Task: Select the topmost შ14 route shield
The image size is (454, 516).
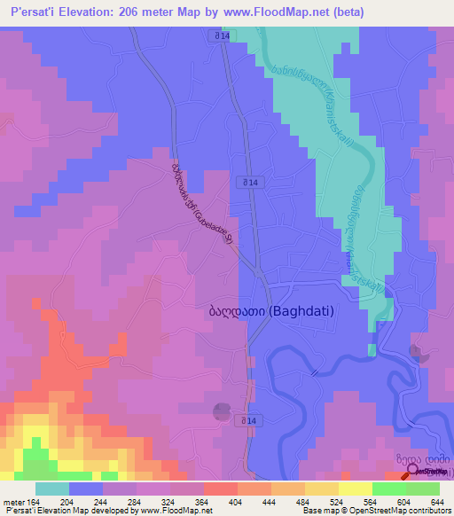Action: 222,35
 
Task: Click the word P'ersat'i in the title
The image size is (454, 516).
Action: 34,12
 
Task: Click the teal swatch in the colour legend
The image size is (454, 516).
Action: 51,489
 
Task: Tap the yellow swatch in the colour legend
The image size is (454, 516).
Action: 355,489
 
